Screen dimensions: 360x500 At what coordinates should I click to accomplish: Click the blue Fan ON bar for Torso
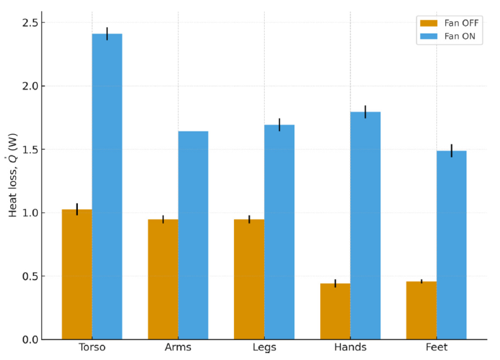[x=107, y=186]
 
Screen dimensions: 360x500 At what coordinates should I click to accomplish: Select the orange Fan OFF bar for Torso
[x=77, y=274]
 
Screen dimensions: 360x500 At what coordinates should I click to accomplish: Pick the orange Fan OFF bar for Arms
[x=163, y=279]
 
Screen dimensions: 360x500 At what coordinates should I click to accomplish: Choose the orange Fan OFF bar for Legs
[x=249, y=279]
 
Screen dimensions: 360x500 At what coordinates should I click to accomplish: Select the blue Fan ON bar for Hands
[x=365, y=225]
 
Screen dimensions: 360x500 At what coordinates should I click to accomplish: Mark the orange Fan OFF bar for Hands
[x=335, y=311]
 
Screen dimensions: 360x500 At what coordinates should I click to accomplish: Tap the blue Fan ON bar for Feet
[x=451, y=245]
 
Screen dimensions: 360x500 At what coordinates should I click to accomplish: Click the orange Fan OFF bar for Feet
[x=421, y=310]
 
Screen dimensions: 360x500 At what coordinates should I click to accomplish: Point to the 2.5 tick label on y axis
[x=31, y=23]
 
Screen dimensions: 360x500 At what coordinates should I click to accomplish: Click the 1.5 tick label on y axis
[x=31, y=149]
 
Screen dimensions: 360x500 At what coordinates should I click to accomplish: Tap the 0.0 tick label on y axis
[x=31, y=339]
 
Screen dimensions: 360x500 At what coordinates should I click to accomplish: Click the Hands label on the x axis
[x=350, y=348]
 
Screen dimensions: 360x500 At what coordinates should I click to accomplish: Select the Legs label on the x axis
[x=264, y=348]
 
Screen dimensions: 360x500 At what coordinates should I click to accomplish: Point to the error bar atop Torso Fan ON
[x=107, y=34]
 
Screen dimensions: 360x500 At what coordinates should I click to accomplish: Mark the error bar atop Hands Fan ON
[x=365, y=112]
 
